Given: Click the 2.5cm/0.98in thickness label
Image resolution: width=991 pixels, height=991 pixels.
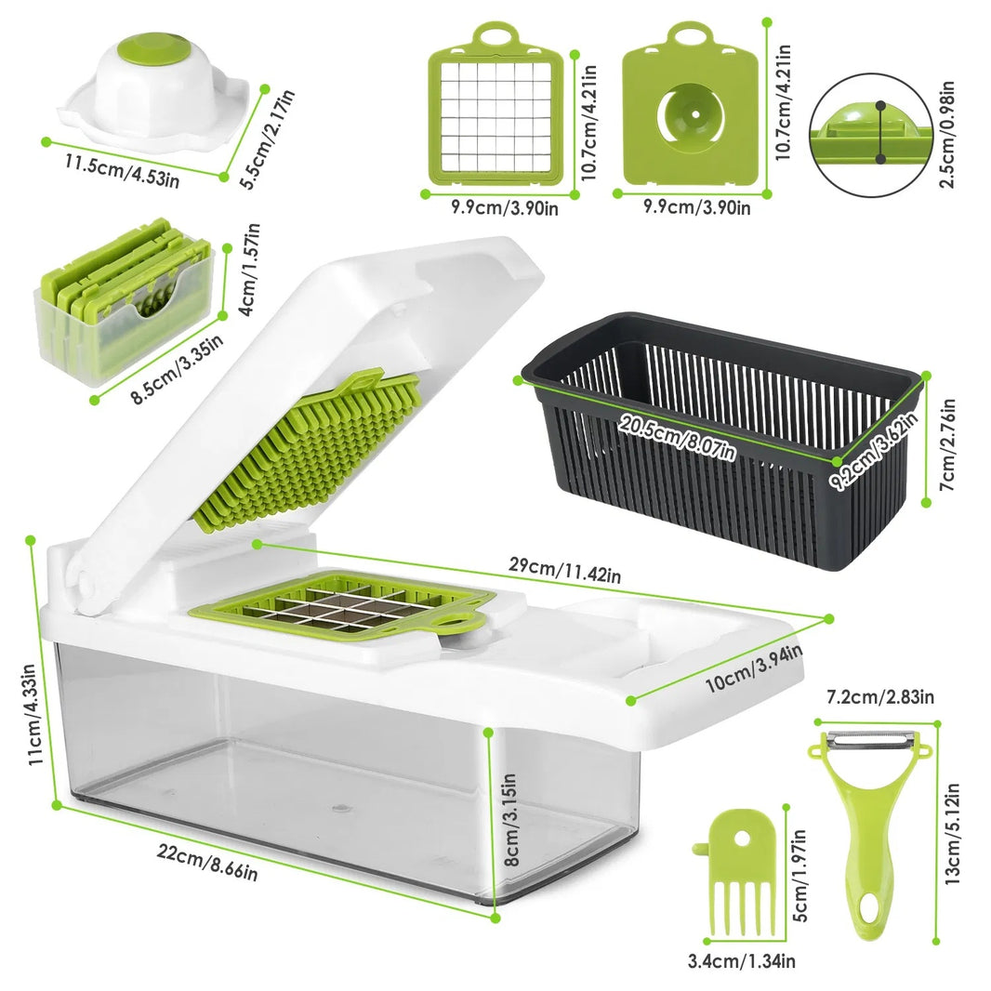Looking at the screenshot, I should coord(947,132).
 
